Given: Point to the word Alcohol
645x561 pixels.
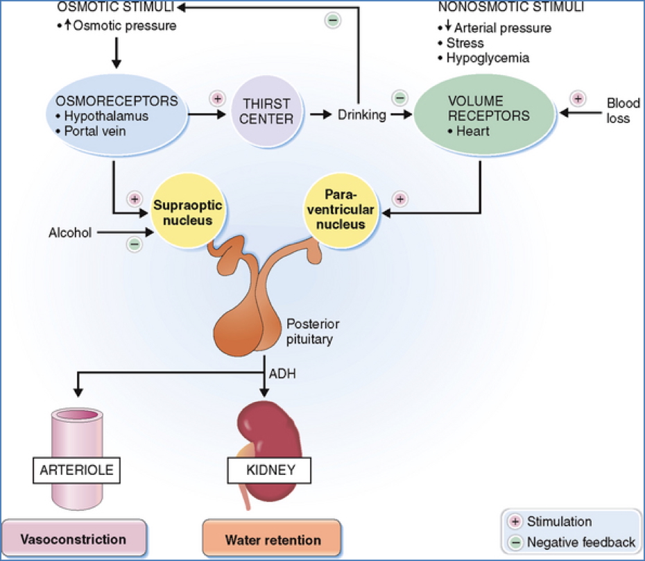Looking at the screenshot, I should tap(70, 233).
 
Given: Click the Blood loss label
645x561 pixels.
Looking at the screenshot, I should tap(618, 110).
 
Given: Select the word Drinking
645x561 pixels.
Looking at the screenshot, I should tap(361, 115).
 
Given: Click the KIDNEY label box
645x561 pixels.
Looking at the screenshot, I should tap(270, 470).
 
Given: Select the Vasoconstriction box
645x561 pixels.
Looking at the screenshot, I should tap(74, 539).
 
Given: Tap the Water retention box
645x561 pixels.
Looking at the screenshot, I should tap(273, 539).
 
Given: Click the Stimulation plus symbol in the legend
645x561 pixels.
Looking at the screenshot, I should tap(515, 522).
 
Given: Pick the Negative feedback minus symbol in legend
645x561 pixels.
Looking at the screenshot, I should tap(515, 542).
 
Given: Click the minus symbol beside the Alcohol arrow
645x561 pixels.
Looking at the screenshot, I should tap(135, 243).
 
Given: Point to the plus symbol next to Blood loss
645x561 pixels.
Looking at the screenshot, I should tap(577, 98).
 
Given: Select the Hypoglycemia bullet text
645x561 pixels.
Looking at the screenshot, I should tap(488, 58).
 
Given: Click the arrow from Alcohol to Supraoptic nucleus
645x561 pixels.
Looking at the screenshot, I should tap(124, 233).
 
